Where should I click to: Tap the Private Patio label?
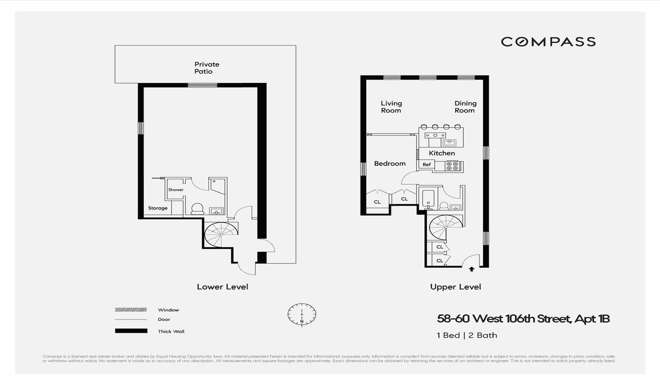(207, 68)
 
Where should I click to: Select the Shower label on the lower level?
(176, 190)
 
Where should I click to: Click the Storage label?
(158, 208)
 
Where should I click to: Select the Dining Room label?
(465, 107)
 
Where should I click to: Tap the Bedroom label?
(390, 164)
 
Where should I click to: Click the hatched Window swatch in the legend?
(131, 310)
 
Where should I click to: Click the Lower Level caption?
(222, 287)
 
